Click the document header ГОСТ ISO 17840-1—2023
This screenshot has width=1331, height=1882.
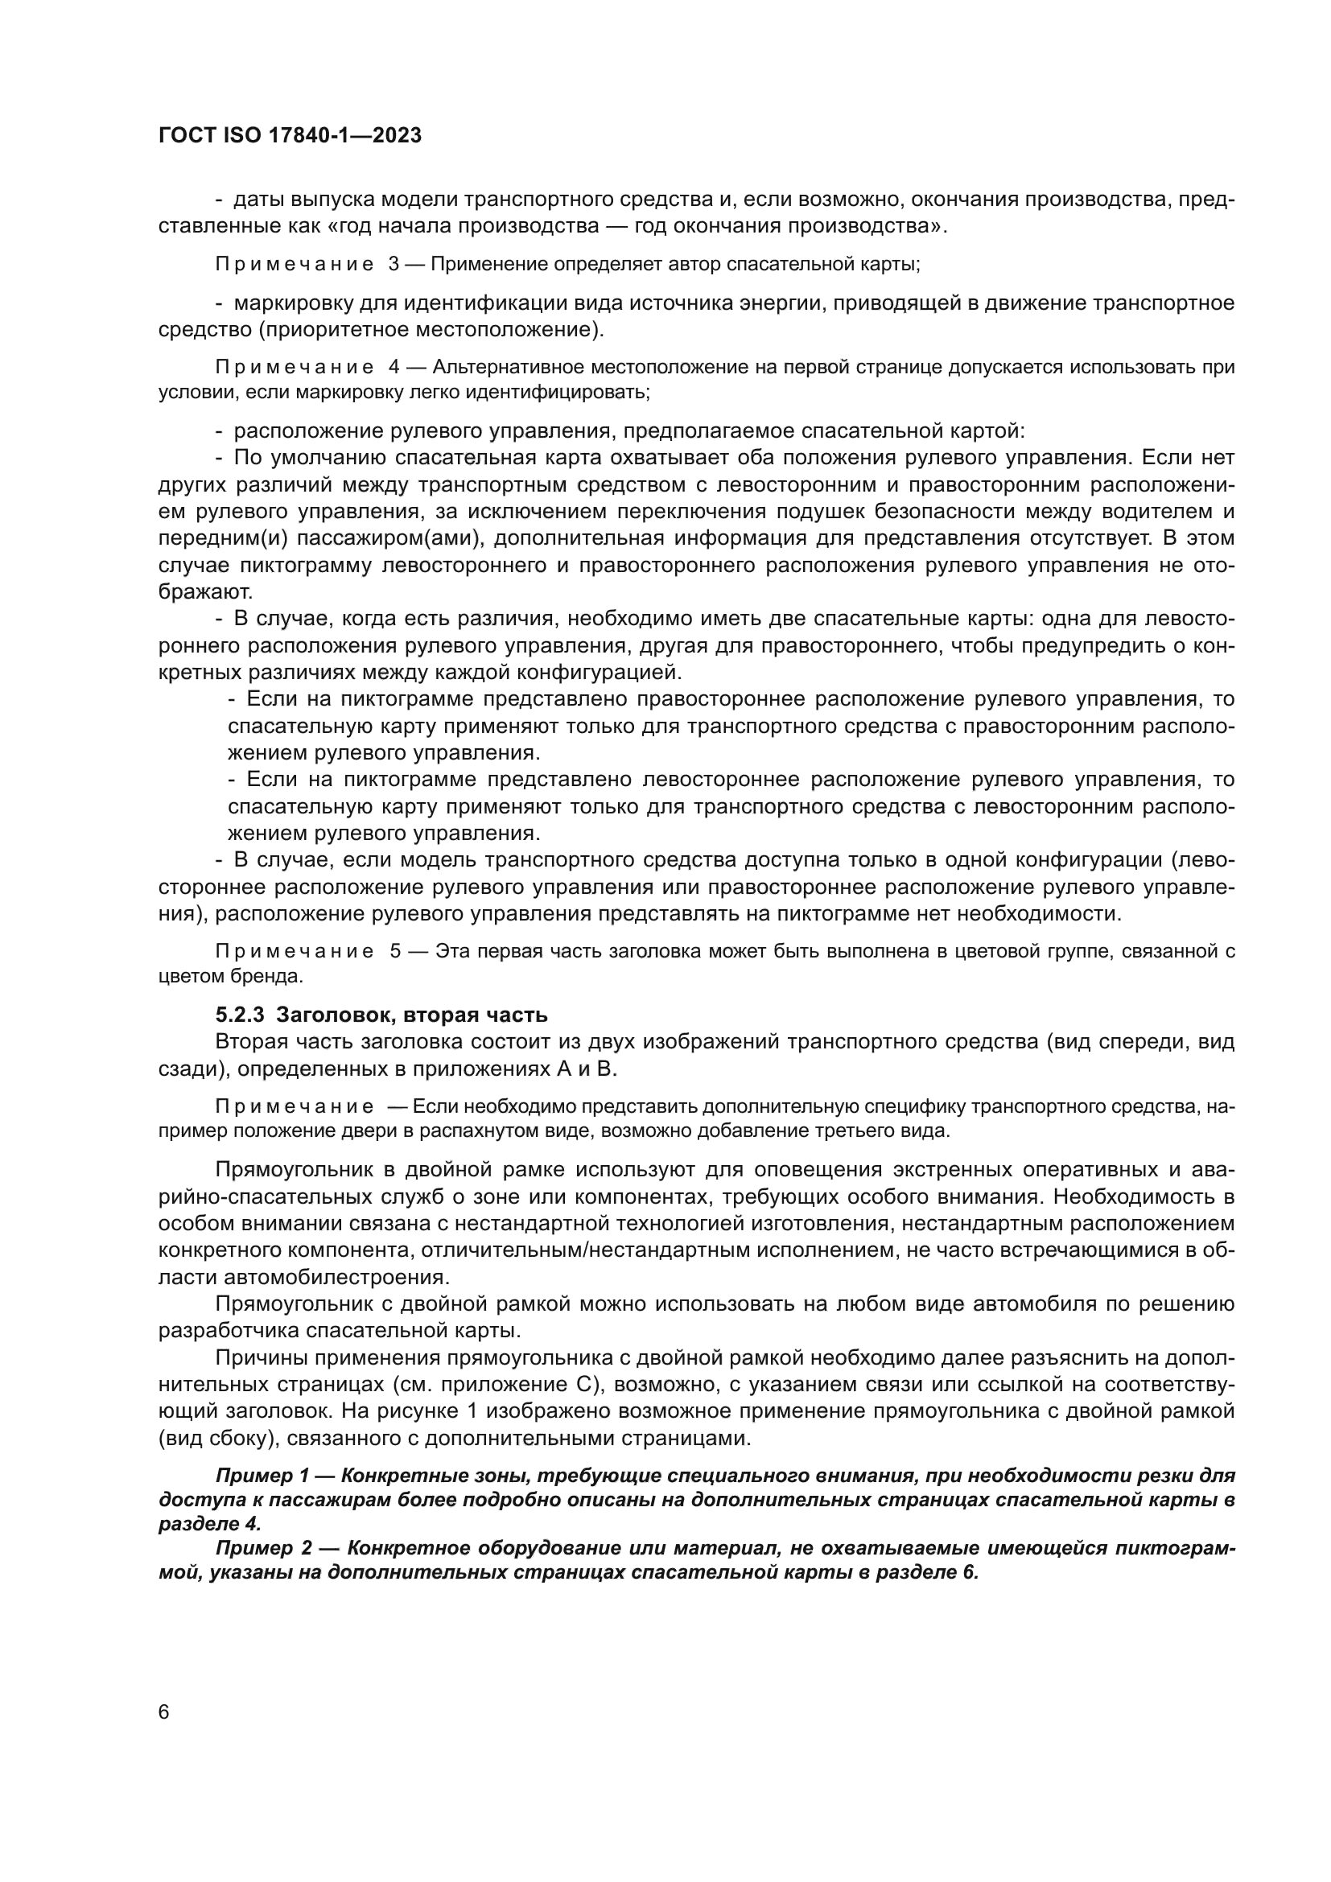click(x=291, y=135)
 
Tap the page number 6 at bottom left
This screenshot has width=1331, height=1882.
click(x=164, y=1712)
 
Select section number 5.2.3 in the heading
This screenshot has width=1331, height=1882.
click(x=239, y=1015)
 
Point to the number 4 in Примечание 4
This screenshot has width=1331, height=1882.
click(x=394, y=367)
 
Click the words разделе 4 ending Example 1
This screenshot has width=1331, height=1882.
click(x=210, y=1524)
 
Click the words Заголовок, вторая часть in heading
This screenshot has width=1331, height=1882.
click(x=411, y=1015)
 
